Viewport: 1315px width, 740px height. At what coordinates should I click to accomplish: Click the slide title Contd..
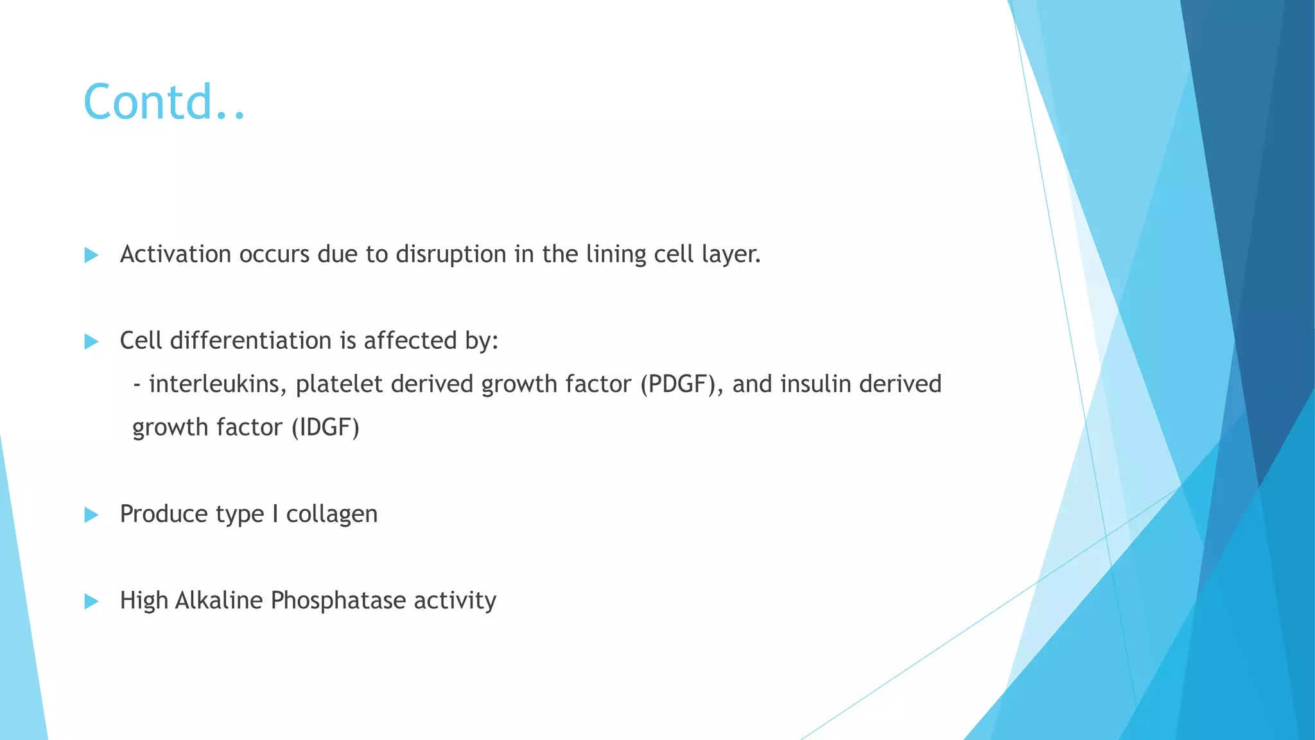point(164,102)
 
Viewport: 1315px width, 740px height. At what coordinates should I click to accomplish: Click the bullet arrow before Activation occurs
point(91,255)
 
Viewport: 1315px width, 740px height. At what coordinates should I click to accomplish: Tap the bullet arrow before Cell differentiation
point(91,341)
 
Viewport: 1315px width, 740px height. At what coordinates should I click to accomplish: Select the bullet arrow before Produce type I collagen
point(91,515)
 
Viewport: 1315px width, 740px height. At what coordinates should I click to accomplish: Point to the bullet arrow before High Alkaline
point(91,601)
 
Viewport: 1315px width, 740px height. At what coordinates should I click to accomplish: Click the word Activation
point(175,254)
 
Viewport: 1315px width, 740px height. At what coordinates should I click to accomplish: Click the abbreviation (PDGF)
point(681,384)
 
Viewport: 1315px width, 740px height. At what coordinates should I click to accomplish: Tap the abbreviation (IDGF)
point(326,427)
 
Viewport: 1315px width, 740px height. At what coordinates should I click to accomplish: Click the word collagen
point(331,514)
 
